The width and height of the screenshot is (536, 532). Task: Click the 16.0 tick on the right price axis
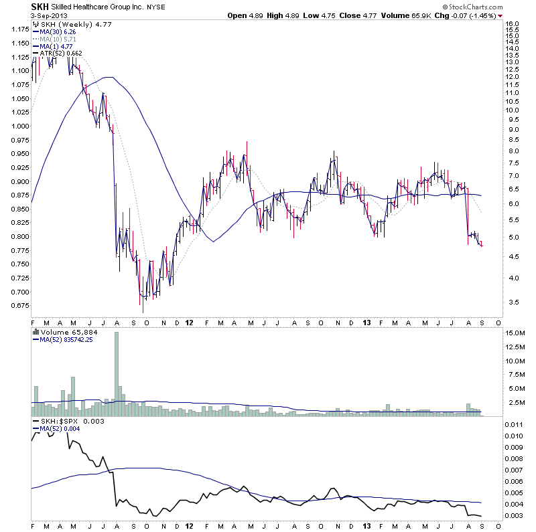[513, 23]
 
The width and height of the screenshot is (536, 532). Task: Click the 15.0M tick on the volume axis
[516, 333]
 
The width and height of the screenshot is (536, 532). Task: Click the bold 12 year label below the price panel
[190, 322]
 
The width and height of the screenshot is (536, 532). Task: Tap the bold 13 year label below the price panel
[367, 322]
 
